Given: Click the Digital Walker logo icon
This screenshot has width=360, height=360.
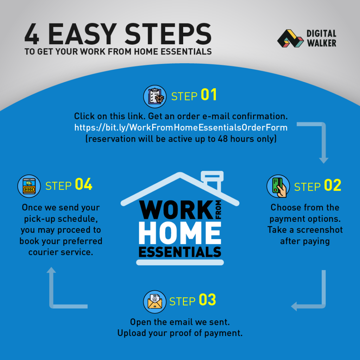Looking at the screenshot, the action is pos(290,38).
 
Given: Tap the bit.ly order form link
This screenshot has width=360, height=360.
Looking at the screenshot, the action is pos(181,127).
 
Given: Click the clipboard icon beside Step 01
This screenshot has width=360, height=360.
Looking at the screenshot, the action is pos(155,96).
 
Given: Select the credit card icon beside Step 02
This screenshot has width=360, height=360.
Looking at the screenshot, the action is pos(278,186).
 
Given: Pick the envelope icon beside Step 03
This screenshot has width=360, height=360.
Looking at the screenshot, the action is pos(155,302).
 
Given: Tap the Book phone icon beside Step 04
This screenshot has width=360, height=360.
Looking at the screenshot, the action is pos(29,186).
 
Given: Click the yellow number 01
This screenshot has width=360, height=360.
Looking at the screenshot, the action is pos(209,95).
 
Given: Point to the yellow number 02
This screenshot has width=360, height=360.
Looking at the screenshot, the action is pos(333,185).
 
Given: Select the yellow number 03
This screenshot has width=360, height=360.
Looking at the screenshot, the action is pos(207,300).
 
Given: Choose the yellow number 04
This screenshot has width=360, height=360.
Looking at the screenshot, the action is pos(84,184).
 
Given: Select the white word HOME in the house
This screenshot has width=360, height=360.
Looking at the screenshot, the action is pos(180,233).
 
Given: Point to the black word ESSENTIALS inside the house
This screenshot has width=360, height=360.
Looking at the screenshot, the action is pos(180,252).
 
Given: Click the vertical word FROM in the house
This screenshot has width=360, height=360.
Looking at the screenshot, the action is pos(218,210).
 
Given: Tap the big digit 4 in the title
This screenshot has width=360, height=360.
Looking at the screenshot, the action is pos(32,34).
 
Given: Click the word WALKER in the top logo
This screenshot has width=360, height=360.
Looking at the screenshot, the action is pos(322,43).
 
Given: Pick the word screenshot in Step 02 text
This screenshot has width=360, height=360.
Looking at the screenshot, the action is pos(320,230).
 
